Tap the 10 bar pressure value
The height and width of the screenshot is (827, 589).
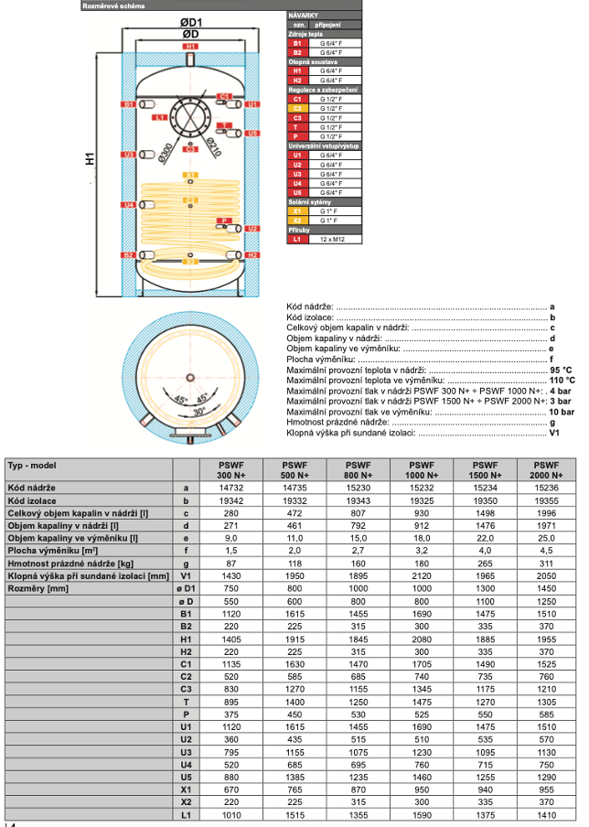pos(562,413)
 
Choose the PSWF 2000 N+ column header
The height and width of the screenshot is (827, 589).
pos(545,470)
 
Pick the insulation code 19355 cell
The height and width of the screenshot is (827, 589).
pos(545,500)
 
